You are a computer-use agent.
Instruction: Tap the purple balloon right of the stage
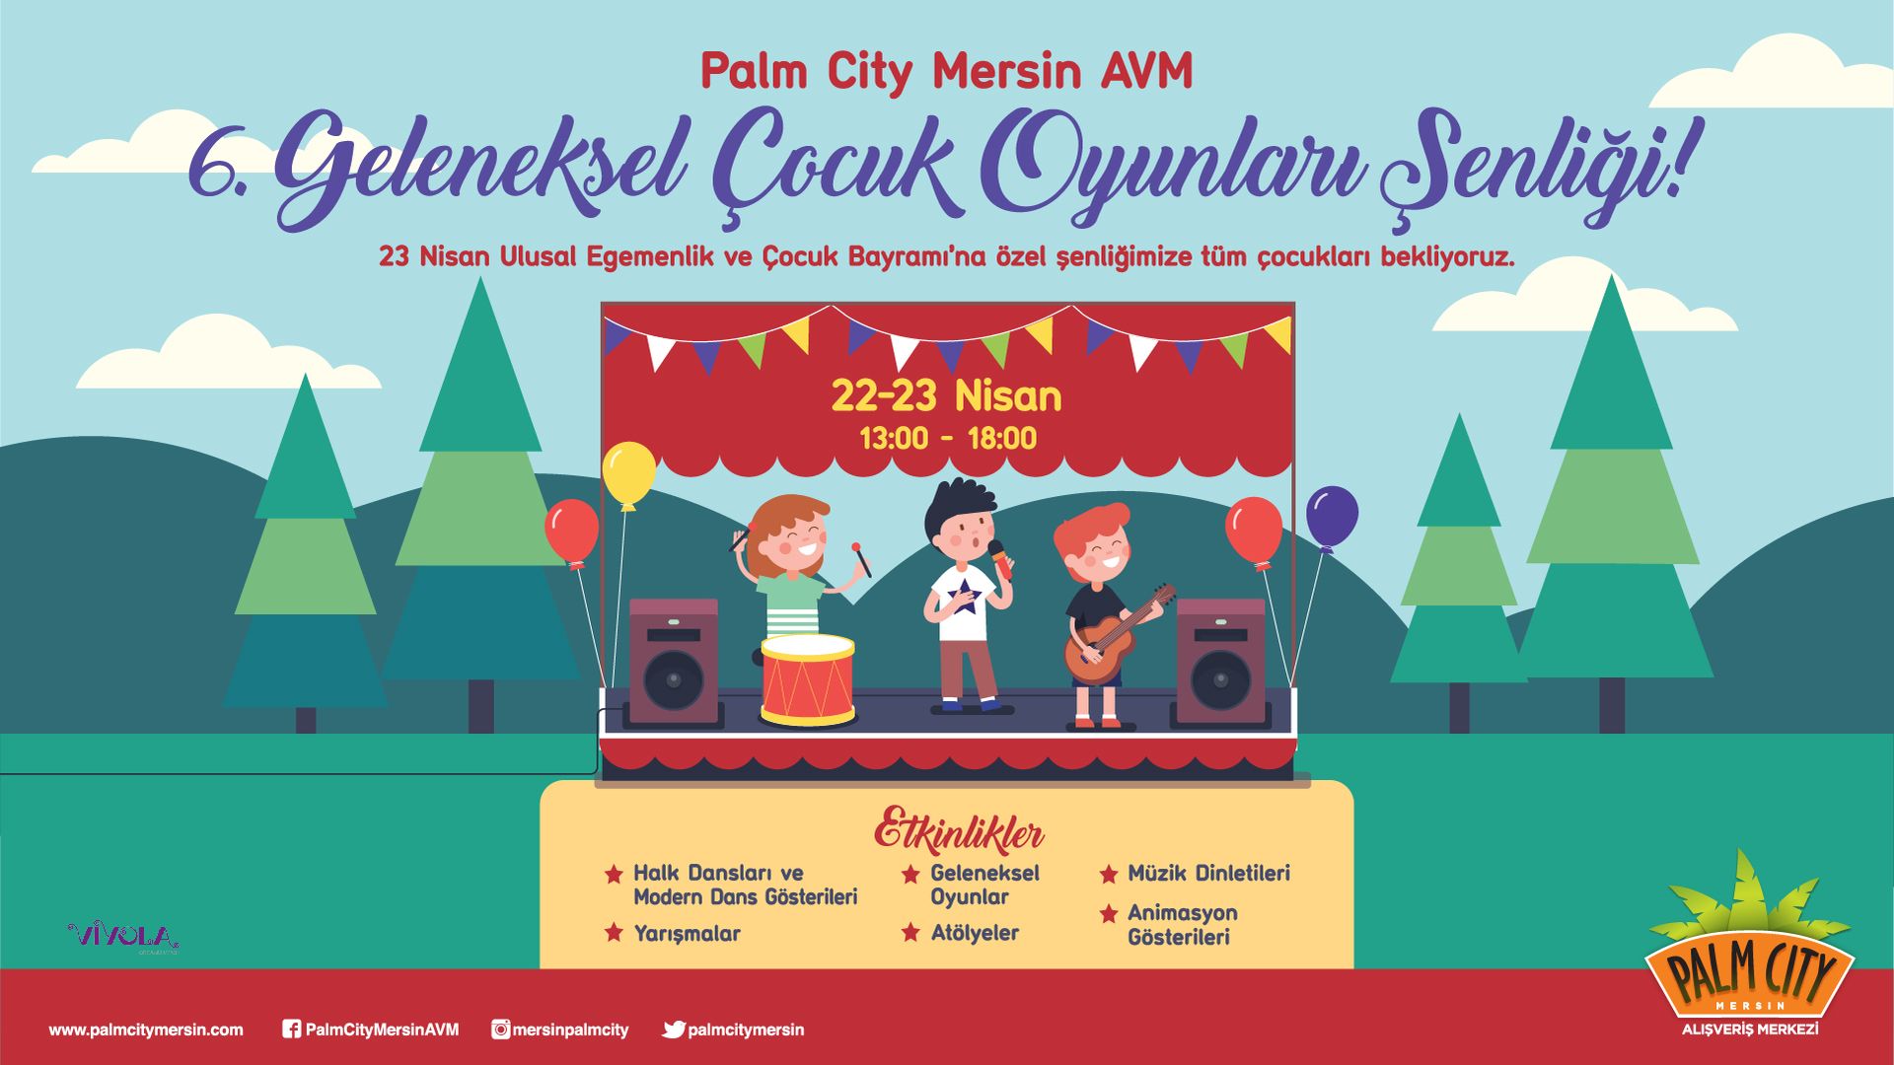1332,517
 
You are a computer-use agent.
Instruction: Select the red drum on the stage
808,680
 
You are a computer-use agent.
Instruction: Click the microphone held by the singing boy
1001,560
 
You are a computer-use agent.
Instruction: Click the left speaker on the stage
674,662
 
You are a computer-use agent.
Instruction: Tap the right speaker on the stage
1220,662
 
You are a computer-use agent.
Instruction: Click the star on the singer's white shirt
964,596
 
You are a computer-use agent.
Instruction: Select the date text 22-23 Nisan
947,396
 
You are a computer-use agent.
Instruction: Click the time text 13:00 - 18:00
948,438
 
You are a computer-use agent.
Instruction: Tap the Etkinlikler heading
959,830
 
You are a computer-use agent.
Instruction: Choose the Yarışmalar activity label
687,933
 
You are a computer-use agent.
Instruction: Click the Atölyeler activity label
975,933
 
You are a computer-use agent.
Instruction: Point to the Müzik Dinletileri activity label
1208,873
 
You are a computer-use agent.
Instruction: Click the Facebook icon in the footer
291,1029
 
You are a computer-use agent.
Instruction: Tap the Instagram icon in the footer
501,1029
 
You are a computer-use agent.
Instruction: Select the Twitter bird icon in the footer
674,1029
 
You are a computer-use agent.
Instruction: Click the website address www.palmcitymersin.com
146,1029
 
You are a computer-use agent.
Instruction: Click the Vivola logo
123,936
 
